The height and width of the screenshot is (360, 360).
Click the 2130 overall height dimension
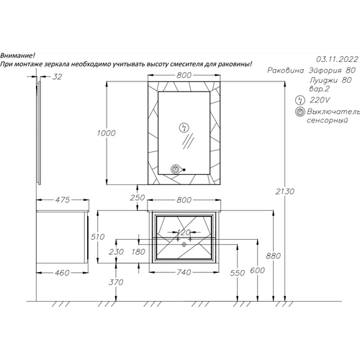coord(284,192)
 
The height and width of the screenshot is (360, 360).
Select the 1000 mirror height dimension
coord(106,133)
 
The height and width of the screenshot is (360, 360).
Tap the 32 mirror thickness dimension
coord(57,77)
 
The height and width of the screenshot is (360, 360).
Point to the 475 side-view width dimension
coord(63,199)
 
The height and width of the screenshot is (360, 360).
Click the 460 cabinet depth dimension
coord(62,273)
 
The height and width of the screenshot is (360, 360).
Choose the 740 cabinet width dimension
coord(184,272)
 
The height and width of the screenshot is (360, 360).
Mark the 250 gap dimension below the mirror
coord(138,198)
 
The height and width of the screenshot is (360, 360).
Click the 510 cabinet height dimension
coord(97,237)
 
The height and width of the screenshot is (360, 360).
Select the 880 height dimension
coord(273,256)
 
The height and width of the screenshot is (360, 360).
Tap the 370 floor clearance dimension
coord(116,282)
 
